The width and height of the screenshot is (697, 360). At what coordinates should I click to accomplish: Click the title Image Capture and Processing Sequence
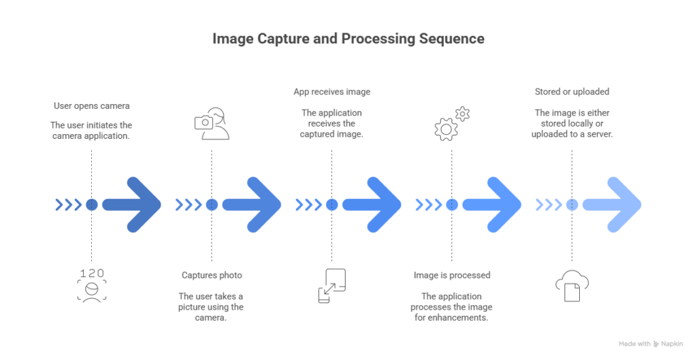pyautogui.click(x=348, y=39)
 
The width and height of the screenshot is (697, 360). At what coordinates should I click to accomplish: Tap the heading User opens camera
pyautogui.click(x=92, y=106)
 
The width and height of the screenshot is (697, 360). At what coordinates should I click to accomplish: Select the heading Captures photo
pyautogui.click(x=212, y=275)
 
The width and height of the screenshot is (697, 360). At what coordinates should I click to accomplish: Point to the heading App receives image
pyautogui.click(x=331, y=92)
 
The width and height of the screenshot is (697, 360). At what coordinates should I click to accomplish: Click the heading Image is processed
pyautogui.click(x=452, y=275)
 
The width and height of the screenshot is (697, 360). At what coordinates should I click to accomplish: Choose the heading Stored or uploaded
pyautogui.click(x=572, y=92)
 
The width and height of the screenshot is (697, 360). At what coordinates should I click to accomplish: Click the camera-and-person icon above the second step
pyautogui.click(x=212, y=123)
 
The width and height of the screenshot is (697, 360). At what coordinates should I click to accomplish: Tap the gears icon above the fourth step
pyautogui.click(x=452, y=122)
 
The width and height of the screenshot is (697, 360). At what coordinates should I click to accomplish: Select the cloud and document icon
pyautogui.click(x=572, y=285)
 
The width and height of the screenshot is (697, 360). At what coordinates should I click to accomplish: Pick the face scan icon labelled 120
pyautogui.click(x=92, y=285)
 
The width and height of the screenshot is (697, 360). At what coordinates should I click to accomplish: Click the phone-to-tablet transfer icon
pyautogui.click(x=331, y=285)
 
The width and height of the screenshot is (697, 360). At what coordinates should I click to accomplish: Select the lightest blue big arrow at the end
pyautogui.click(x=611, y=203)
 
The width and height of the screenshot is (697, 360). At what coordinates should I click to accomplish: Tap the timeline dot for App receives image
pyautogui.click(x=331, y=203)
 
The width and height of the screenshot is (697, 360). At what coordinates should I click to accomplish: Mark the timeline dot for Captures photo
pyautogui.click(x=212, y=203)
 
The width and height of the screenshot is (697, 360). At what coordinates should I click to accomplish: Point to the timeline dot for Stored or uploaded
pyautogui.click(x=572, y=203)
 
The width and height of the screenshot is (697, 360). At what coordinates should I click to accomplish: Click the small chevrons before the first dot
pyautogui.click(x=68, y=203)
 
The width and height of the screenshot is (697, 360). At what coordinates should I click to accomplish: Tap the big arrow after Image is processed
pyautogui.click(x=491, y=203)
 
